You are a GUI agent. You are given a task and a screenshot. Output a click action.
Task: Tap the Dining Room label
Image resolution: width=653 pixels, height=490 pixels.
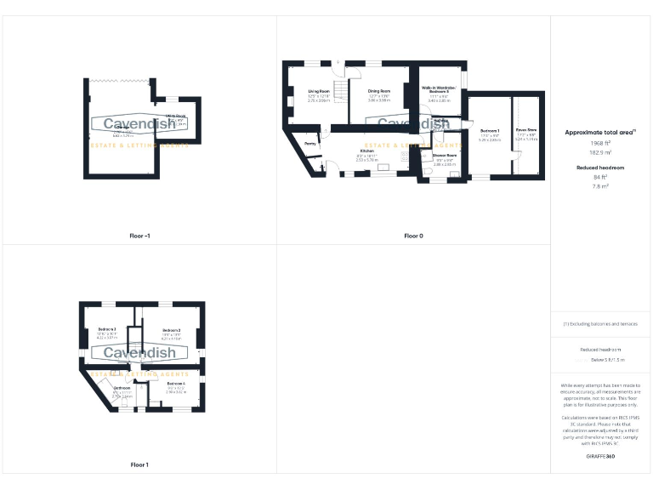click(378, 90)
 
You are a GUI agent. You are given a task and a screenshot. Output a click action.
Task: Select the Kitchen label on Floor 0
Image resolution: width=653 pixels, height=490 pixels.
click(366, 151)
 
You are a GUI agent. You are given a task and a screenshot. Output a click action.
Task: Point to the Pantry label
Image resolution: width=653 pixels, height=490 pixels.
click(310, 144)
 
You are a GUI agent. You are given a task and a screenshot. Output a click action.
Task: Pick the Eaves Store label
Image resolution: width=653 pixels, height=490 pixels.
click(526, 130)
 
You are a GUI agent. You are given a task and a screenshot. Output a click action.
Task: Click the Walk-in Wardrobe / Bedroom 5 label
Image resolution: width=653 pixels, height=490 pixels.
click(439, 90)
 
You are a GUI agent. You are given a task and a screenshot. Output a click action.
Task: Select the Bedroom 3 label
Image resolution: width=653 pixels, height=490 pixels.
click(107, 329)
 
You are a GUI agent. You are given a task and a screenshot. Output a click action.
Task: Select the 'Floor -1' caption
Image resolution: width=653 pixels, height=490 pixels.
click(139, 236)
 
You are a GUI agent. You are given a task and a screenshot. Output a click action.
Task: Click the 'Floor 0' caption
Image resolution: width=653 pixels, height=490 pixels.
click(413, 236)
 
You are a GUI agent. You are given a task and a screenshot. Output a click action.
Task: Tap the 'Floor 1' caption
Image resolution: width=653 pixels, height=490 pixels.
click(139, 464)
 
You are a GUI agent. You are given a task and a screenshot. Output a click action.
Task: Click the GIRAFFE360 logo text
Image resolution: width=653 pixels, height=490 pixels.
click(601, 458)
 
